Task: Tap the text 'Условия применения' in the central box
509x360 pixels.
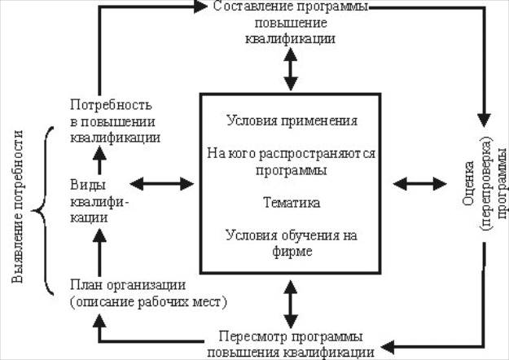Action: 292,121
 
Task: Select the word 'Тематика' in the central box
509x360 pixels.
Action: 291,200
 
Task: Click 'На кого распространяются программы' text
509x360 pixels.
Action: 292,160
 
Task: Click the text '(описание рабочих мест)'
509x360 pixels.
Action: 147,302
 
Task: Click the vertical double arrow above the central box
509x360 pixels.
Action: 291,70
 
